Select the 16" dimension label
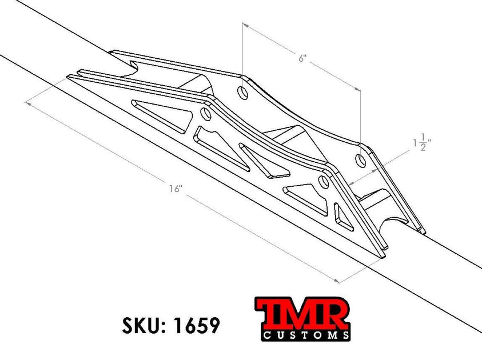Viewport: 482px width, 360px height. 175,189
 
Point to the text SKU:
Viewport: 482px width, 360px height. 143,325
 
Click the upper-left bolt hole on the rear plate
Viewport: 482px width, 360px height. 242,93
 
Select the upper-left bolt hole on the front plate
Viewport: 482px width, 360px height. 206,114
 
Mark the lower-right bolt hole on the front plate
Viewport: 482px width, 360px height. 324,182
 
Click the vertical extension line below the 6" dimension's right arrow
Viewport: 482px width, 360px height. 361,117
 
